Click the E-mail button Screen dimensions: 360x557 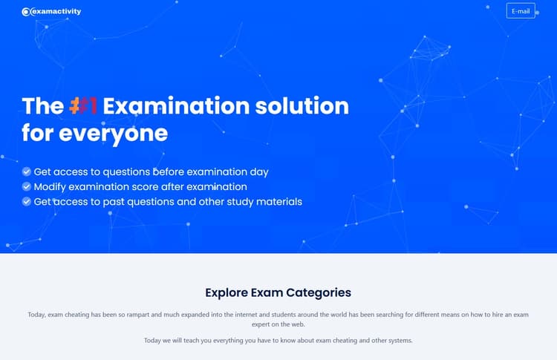click(x=521, y=11)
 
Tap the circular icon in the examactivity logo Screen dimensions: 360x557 click(x=26, y=12)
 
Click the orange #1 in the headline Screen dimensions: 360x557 click(x=84, y=105)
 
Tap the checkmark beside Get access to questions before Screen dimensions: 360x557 click(x=27, y=171)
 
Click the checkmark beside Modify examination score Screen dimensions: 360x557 click(x=27, y=186)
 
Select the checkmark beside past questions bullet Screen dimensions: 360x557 click(x=27, y=201)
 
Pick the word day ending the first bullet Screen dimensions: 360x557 click(x=258, y=171)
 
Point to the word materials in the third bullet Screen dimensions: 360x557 click(x=278, y=201)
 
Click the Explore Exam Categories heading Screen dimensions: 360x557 click(x=278, y=292)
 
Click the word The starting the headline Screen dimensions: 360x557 click(x=42, y=105)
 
